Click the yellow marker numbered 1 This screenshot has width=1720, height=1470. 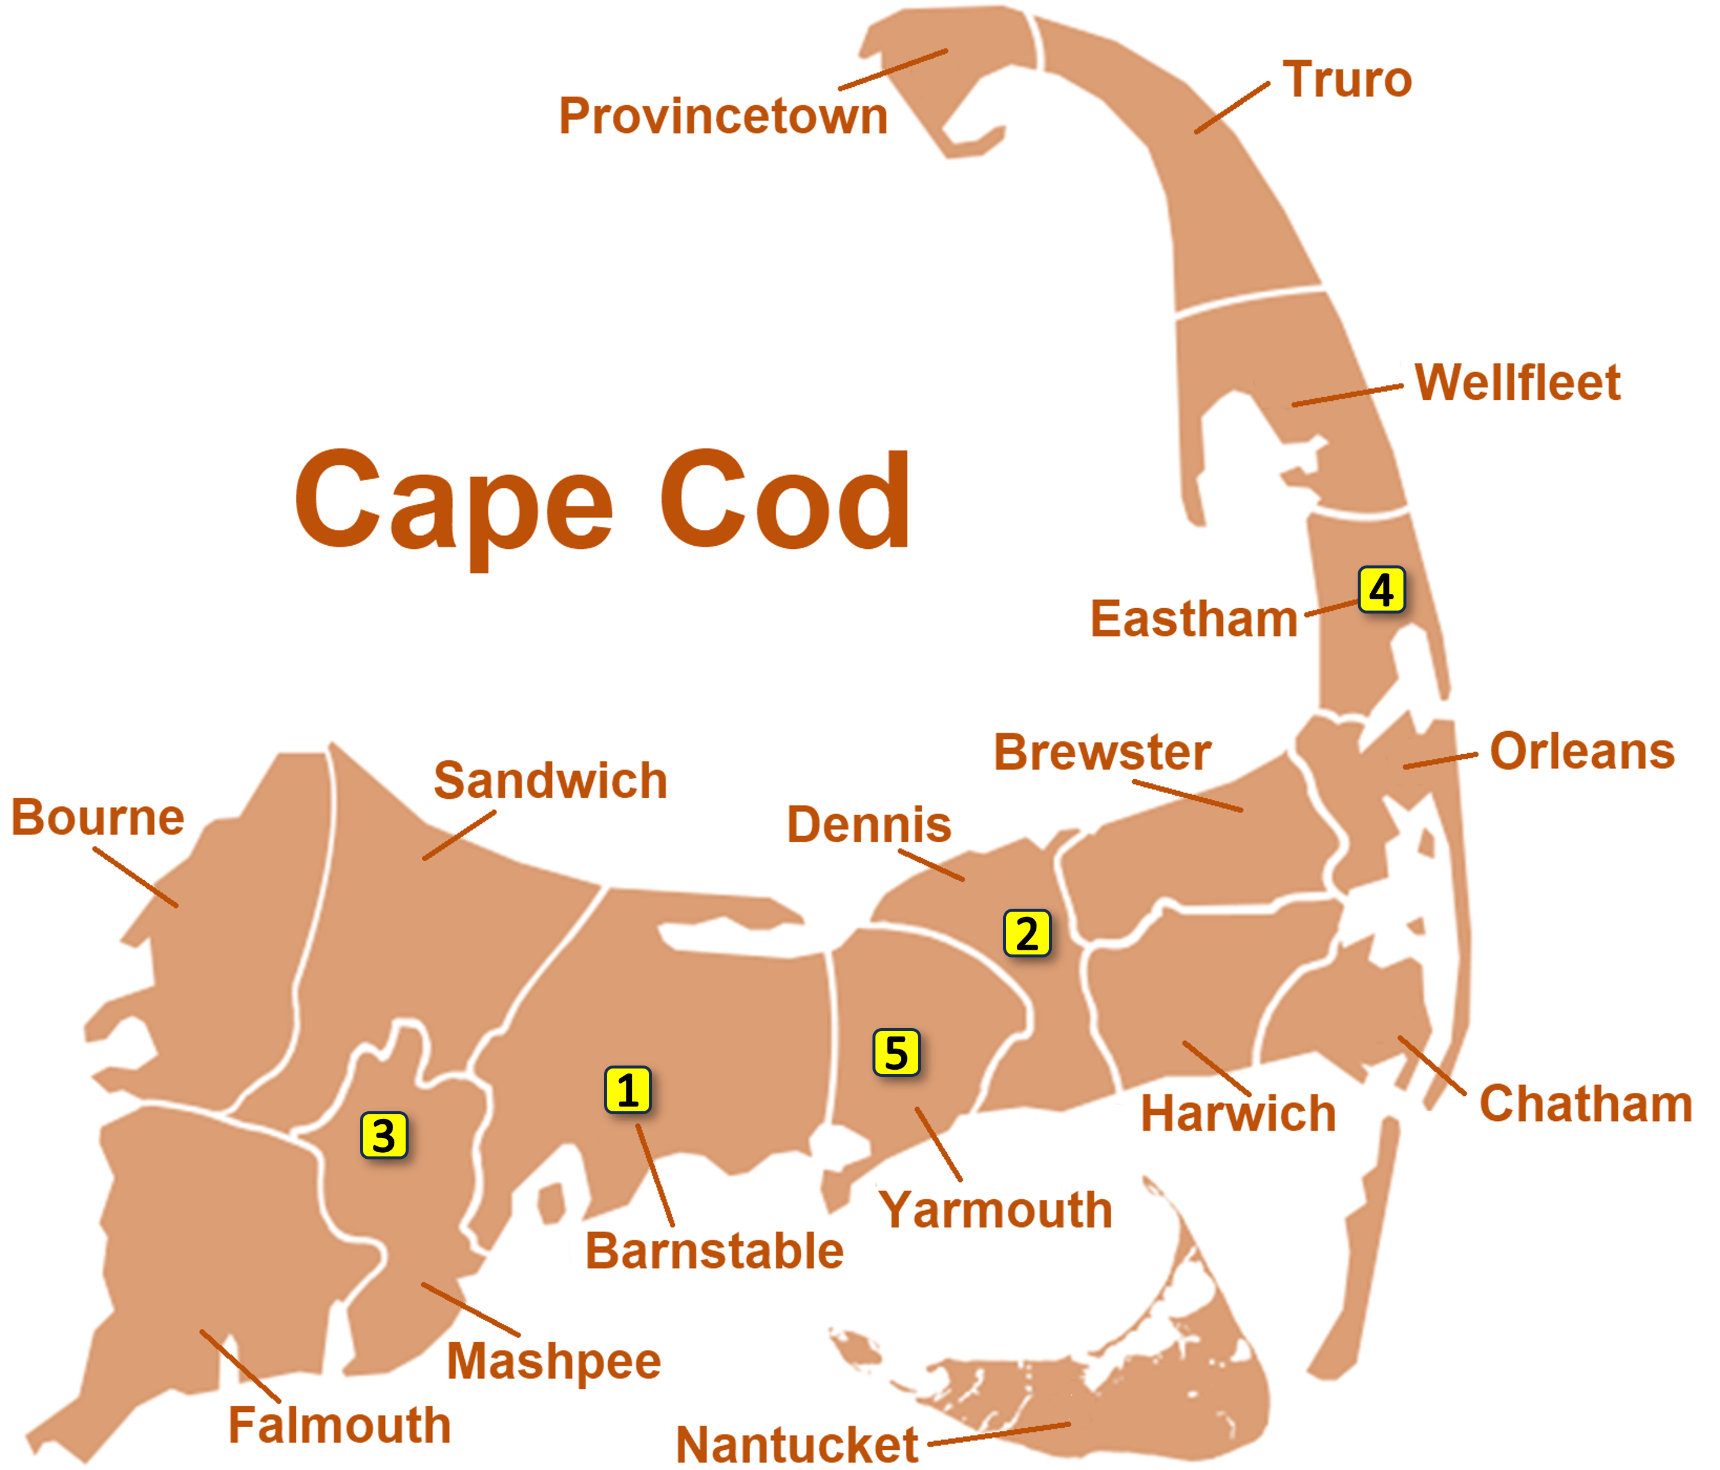click(628, 1090)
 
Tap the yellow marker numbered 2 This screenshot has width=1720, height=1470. click(1027, 934)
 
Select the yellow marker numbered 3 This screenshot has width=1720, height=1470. click(384, 1136)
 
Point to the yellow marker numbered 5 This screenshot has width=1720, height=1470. click(896, 1052)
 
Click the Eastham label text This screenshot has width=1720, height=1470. click(1194, 619)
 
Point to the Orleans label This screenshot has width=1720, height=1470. click(1582, 751)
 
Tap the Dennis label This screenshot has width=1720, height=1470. click(869, 824)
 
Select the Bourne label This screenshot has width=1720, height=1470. click(98, 818)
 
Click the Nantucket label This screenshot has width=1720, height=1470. click(797, 1445)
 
